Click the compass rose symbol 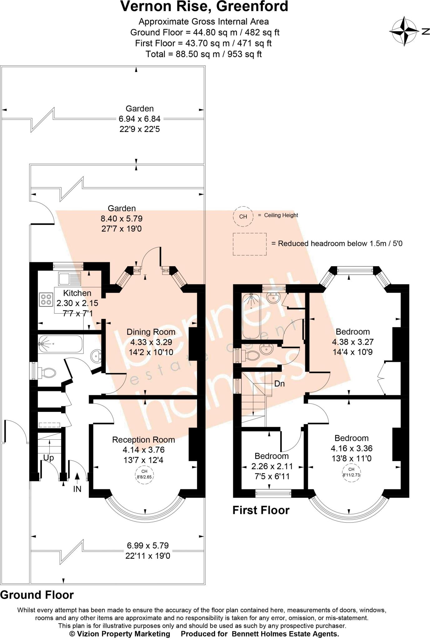(404, 32)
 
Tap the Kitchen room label (77, 293)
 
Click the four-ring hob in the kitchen (46, 299)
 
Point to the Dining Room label (151, 332)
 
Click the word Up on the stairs (48, 458)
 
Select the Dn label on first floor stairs (279, 383)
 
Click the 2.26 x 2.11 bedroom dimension (272, 466)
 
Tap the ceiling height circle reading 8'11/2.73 (351, 473)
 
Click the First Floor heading (261, 510)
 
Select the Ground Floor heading (37, 595)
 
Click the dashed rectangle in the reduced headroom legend (250, 244)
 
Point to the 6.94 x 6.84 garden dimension (140, 119)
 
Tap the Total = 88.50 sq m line (203, 54)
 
